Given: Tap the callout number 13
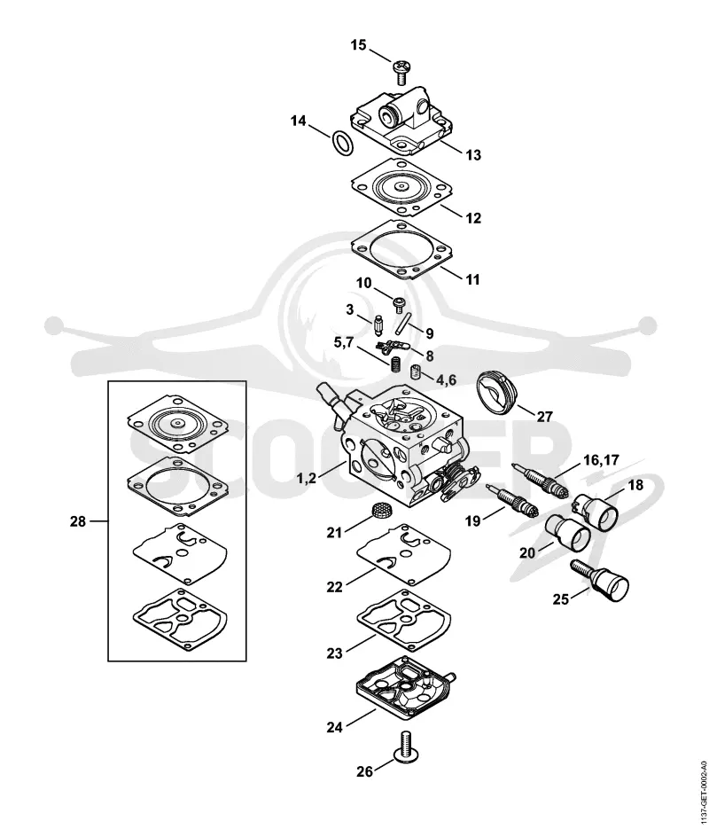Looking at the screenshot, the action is (x=473, y=155).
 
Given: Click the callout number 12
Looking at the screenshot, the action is (x=473, y=218).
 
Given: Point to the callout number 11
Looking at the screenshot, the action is (x=473, y=278).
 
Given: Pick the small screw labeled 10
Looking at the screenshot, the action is (x=399, y=304).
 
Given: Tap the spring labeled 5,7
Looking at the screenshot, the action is (x=393, y=364).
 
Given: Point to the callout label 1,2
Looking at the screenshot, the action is (x=307, y=478).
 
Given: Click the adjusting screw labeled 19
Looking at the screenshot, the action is (x=512, y=500).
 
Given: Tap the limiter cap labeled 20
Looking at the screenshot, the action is (x=567, y=532).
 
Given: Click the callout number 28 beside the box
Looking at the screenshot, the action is (x=78, y=521).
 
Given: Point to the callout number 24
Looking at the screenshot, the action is (x=334, y=728).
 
